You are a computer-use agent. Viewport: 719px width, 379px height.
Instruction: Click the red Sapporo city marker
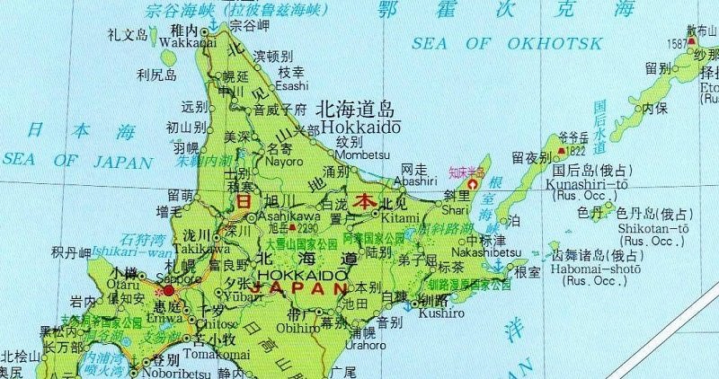(168, 290)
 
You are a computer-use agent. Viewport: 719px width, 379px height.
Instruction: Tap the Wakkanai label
(184, 42)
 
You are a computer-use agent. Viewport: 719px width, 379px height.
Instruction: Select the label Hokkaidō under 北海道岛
(356, 128)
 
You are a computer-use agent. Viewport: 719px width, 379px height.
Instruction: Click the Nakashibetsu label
(487, 252)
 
